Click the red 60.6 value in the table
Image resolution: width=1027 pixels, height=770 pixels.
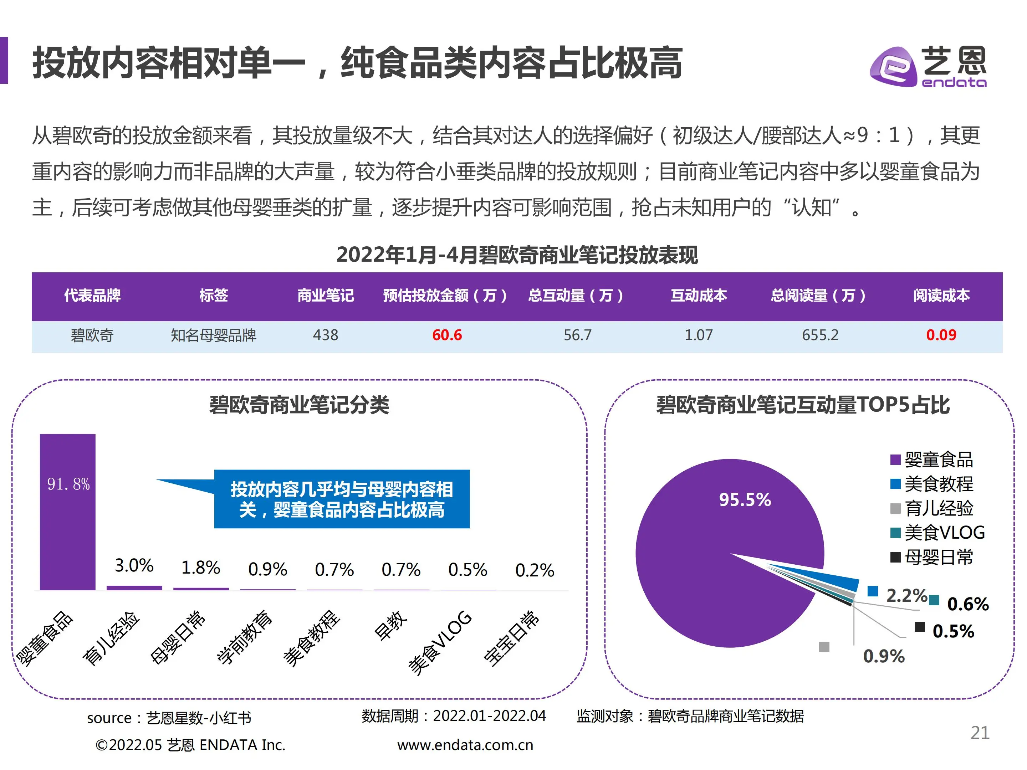447,335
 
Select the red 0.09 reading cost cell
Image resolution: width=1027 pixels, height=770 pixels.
941,335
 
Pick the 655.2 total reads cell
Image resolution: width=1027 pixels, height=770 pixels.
820,335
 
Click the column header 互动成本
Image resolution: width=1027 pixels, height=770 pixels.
698,296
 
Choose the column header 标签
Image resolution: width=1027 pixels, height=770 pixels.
213,296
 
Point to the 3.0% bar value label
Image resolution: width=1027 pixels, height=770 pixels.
134,566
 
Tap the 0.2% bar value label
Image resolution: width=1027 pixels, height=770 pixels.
535,570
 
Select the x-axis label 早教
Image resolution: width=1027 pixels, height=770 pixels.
390,626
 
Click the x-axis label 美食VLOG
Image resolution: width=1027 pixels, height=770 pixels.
440,642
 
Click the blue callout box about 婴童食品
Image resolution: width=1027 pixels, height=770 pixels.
341,499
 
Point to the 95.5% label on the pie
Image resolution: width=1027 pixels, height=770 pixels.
745,500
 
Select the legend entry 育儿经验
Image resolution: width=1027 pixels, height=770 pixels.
938,509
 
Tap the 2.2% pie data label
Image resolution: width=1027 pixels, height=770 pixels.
905,595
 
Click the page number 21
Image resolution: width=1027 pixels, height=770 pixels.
980,733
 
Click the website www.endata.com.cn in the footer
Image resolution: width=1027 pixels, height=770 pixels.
465,745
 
